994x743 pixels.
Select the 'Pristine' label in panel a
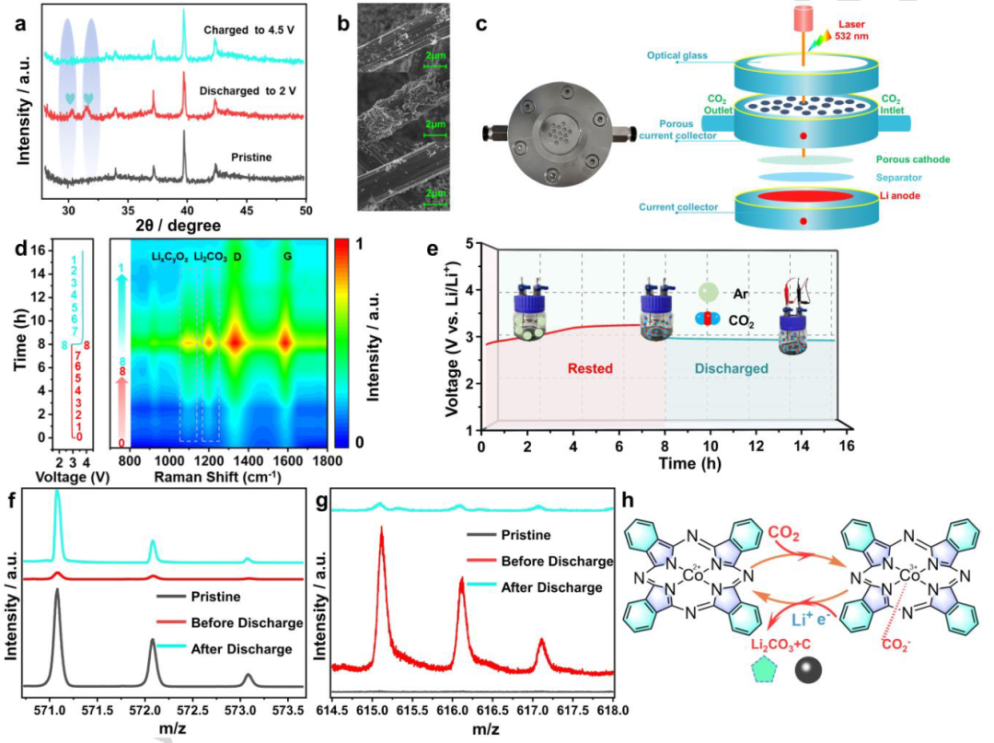(x=253, y=157)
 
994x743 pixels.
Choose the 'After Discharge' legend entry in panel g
(x=549, y=586)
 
